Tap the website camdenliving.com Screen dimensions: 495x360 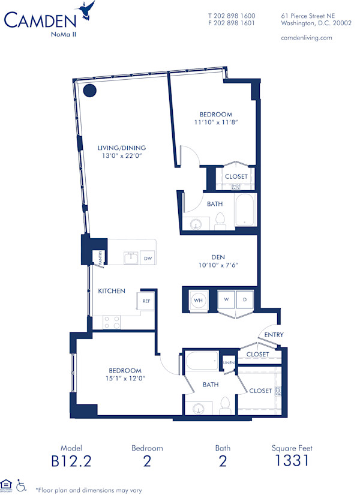pyautogui.click(x=306, y=37)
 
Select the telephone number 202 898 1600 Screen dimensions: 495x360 pyautogui.click(x=232, y=16)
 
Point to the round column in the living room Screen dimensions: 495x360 pyautogui.click(x=90, y=91)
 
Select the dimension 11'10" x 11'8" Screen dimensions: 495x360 pyautogui.click(x=216, y=122)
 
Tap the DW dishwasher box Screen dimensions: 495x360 pyautogui.click(x=148, y=259)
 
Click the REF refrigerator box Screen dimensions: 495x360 pyautogui.click(x=146, y=301)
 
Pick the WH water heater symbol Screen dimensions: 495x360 pyautogui.click(x=197, y=299)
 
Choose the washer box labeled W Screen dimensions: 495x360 pyautogui.click(x=227, y=298)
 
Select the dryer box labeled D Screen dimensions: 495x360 pyautogui.click(x=245, y=298)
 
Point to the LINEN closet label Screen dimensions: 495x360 pyautogui.click(x=229, y=362)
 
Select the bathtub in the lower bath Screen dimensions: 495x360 pyautogui.click(x=201, y=362)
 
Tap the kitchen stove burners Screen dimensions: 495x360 pyautogui.click(x=112, y=322)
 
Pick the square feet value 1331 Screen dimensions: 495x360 pyautogui.click(x=292, y=461)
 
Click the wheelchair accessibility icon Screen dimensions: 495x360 pyautogui.click(x=22, y=484)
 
